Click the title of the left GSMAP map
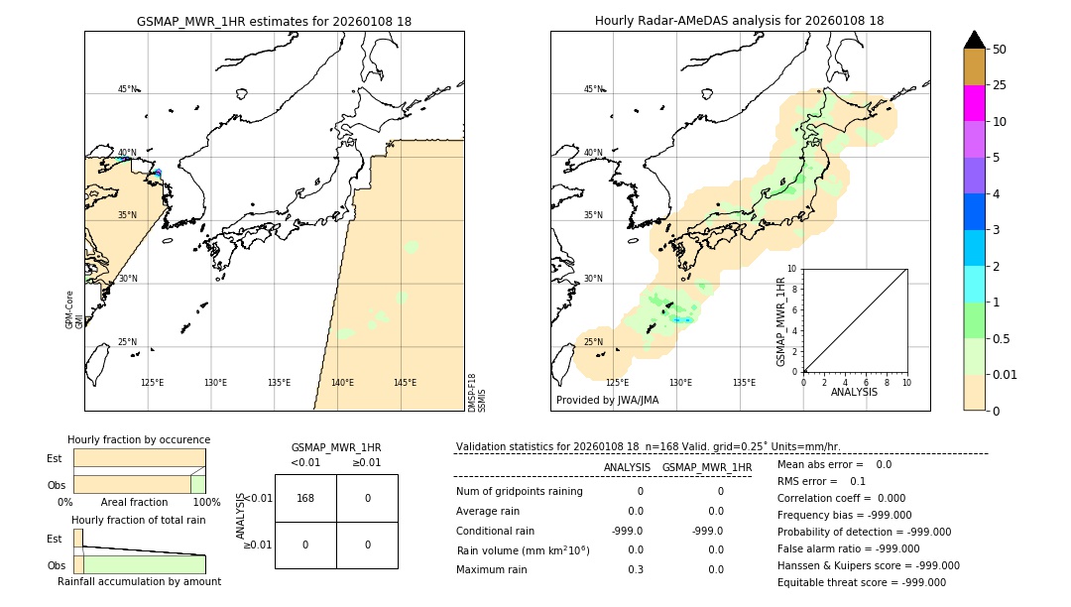point(274,21)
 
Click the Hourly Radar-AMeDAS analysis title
point(739,21)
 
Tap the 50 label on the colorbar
point(1000,50)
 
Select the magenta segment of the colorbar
point(974,103)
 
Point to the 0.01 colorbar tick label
point(1006,374)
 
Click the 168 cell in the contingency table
point(305,498)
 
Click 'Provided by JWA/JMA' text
point(607,400)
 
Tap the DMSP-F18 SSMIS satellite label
point(477,392)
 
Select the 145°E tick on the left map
point(405,383)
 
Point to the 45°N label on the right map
point(593,89)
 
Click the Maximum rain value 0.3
point(635,569)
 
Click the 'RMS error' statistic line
point(821,481)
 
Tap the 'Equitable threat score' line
point(862,582)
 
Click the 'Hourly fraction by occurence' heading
point(139,439)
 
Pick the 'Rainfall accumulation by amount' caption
point(139,581)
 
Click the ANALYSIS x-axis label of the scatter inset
point(854,392)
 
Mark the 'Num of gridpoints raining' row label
point(519,492)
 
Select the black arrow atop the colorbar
point(974,40)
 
